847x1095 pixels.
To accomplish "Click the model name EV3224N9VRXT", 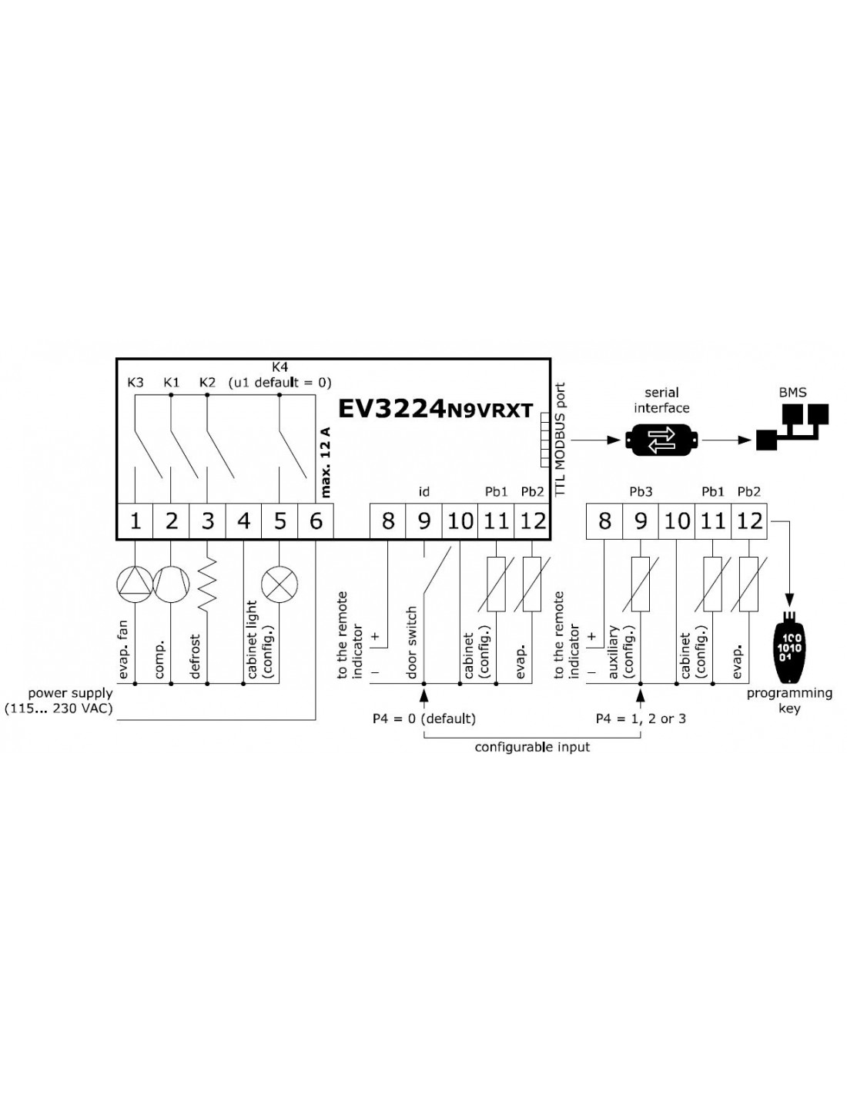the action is tap(435, 410).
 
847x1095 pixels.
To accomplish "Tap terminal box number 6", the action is tap(316, 521).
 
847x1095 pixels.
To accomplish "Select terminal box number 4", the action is tap(243, 521).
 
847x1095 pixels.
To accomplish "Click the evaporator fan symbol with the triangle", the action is tap(135, 584).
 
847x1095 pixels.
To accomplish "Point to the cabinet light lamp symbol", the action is tap(280, 584).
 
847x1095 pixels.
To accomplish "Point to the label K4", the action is tap(280, 367).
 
